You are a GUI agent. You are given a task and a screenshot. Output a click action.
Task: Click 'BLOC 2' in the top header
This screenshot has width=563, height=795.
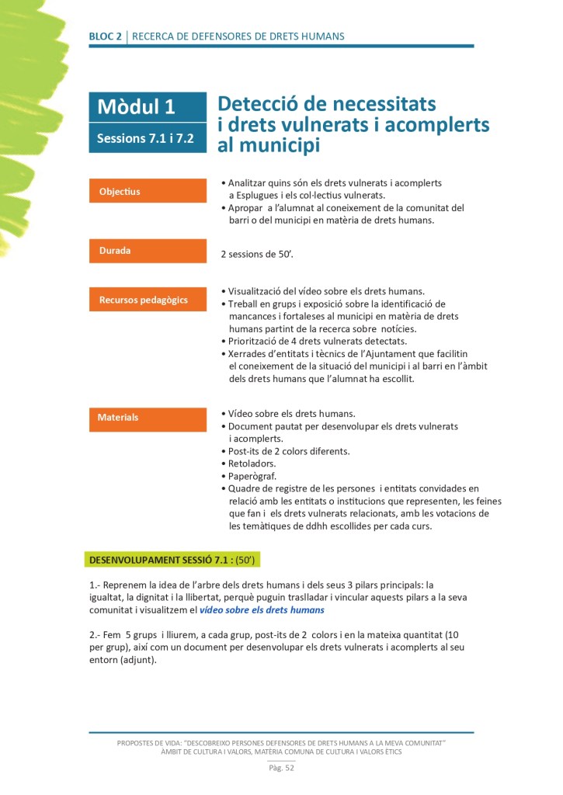tap(105, 36)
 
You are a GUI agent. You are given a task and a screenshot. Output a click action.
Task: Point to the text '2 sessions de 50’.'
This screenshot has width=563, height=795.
tap(255, 254)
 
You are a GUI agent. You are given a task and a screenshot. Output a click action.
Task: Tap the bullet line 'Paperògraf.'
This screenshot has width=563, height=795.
tap(252, 476)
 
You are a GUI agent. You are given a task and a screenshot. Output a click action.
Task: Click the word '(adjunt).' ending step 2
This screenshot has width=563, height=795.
tap(135, 660)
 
